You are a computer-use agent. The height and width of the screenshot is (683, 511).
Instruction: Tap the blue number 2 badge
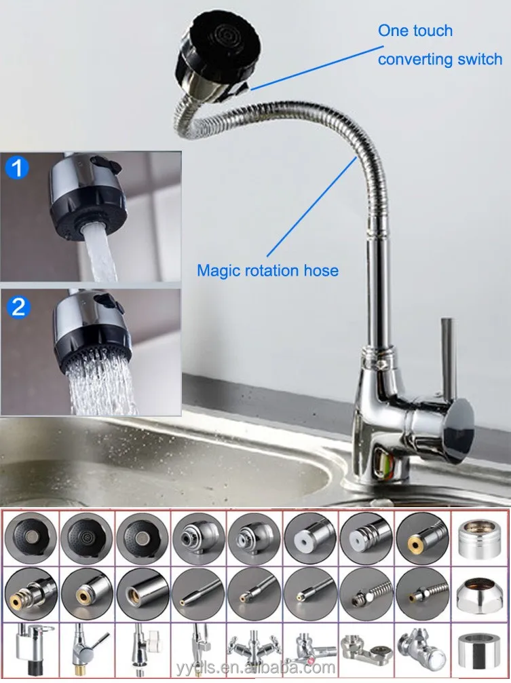coord(18,307)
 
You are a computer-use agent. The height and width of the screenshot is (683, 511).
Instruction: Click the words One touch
coord(415,31)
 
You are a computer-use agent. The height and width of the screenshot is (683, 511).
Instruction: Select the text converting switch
coord(440,59)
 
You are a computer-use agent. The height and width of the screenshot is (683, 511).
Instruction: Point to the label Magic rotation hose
coord(267,270)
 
